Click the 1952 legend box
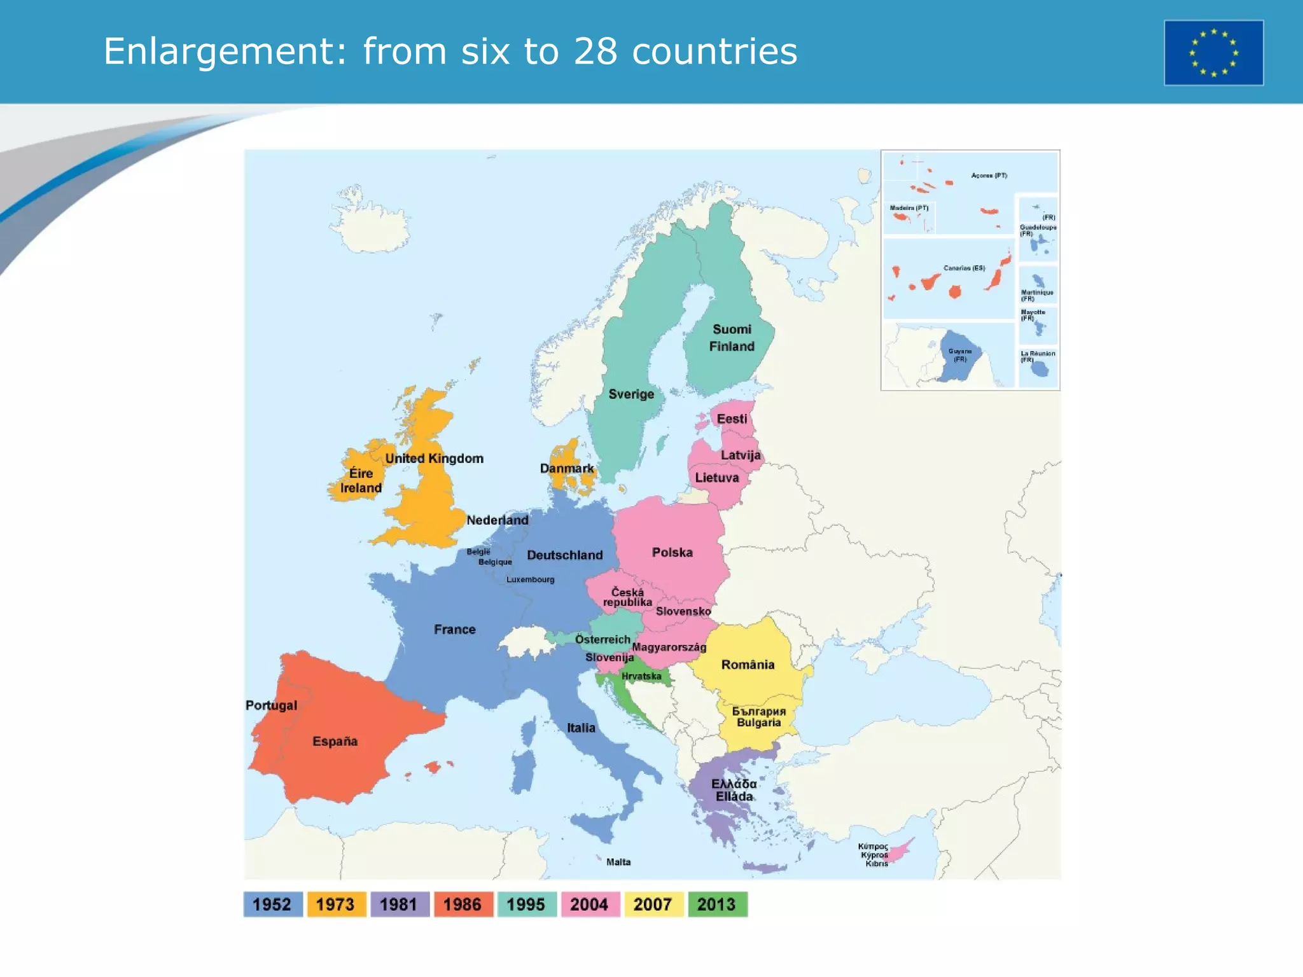(x=272, y=904)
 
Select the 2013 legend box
(x=717, y=904)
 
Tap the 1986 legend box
(x=463, y=904)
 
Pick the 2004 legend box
(x=590, y=904)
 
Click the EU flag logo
(x=1213, y=53)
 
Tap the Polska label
(x=672, y=552)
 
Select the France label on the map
(x=455, y=629)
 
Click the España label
(x=335, y=741)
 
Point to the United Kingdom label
(x=435, y=459)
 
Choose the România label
(x=748, y=665)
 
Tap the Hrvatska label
(x=641, y=676)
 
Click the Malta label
(x=618, y=862)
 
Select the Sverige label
(x=631, y=394)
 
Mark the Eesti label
(x=732, y=419)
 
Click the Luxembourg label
(x=530, y=579)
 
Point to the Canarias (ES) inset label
(x=964, y=268)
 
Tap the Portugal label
(x=272, y=705)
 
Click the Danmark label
(x=567, y=468)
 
